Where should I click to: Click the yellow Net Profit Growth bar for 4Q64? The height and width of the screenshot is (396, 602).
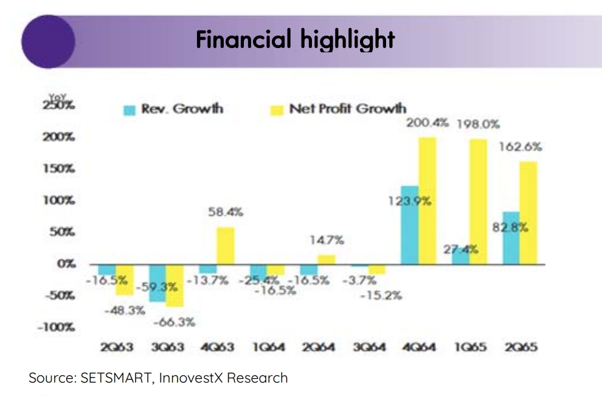pyautogui.click(x=427, y=201)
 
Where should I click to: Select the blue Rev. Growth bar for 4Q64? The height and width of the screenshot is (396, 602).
pyautogui.click(x=410, y=225)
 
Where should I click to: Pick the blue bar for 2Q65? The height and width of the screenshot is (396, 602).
pyautogui.click(x=511, y=238)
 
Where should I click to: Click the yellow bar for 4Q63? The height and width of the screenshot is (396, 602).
pyautogui.click(x=225, y=246)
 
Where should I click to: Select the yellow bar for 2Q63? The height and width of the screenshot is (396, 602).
pyautogui.click(x=125, y=279)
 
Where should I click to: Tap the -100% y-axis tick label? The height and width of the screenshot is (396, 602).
pyautogui.click(x=56, y=327)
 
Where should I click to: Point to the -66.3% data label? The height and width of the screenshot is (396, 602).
pyautogui.click(x=175, y=322)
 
